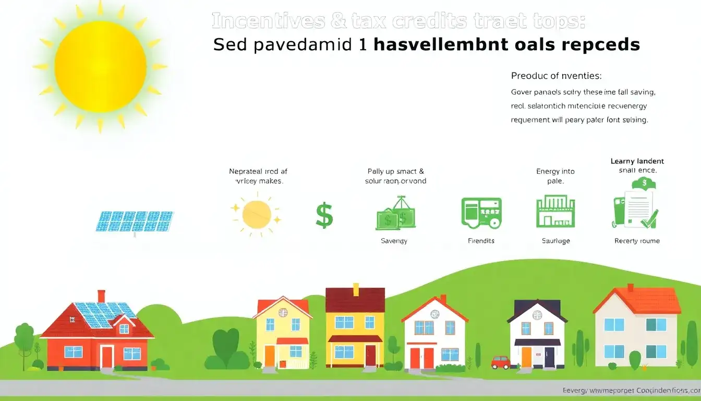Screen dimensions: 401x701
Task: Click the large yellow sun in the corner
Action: click(x=100, y=66)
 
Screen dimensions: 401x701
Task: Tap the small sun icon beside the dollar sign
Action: click(x=256, y=214)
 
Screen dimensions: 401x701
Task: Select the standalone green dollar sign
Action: click(x=324, y=216)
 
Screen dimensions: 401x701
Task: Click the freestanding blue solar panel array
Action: click(x=135, y=221)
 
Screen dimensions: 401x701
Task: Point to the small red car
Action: click(x=500, y=361)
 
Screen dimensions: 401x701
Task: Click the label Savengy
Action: click(x=394, y=241)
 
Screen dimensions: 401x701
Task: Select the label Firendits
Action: click(x=481, y=241)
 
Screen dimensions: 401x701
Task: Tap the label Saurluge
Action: click(x=555, y=241)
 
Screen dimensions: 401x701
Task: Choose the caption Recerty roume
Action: click(x=637, y=241)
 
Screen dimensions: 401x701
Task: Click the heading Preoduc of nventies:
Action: click(x=556, y=76)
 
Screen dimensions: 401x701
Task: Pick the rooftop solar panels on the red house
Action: click(x=104, y=314)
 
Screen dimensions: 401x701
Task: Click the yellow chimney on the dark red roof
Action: click(x=356, y=289)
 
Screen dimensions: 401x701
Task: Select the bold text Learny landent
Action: click(x=637, y=161)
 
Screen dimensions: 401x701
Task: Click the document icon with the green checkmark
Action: click(x=637, y=209)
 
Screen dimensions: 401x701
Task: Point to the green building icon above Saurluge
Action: click(x=555, y=211)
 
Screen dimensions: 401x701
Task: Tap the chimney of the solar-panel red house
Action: click(x=101, y=296)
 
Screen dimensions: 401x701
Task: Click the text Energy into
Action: click(x=555, y=171)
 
